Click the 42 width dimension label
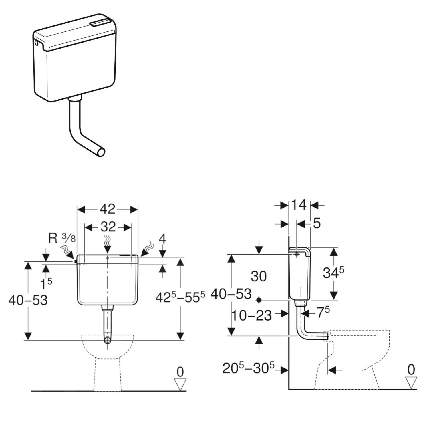(x=108, y=209)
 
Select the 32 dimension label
(x=108, y=227)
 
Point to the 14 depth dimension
(x=299, y=205)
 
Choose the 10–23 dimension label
(x=251, y=315)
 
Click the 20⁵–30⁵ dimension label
(x=248, y=368)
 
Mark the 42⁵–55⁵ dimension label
(x=180, y=297)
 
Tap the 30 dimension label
(x=259, y=276)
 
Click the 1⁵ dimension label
(x=46, y=284)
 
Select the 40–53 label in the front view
(x=28, y=300)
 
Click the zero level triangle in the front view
(x=180, y=384)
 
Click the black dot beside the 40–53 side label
(x=259, y=300)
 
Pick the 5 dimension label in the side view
(x=317, y=223)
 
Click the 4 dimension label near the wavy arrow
(x=162, y=239)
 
